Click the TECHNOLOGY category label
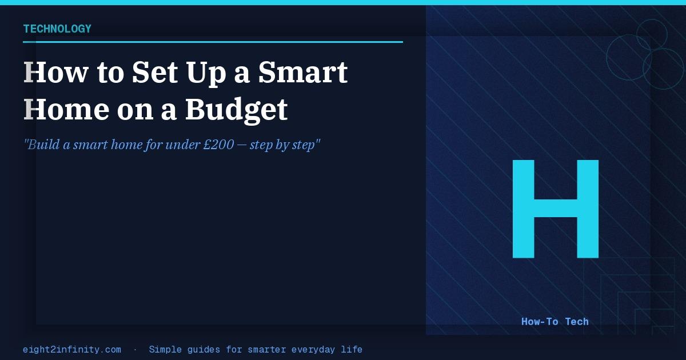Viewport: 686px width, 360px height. coord(57,29)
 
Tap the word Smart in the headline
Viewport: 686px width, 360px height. coord(303,72)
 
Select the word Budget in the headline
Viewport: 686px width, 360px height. coord(237,110)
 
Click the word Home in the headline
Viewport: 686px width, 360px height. coord(66,109)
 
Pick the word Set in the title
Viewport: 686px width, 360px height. coord(155,72)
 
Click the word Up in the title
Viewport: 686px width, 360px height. coord(206,74)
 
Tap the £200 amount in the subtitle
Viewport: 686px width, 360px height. coord(218,145)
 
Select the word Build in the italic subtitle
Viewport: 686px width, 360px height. coord(43,145)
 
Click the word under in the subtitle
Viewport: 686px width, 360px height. coord(182,145)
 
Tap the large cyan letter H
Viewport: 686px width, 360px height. coord(556,209)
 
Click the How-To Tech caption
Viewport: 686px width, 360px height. coord(555,321)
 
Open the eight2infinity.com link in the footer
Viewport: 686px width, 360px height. coord(72,349)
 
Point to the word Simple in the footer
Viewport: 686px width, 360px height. coord(165,350)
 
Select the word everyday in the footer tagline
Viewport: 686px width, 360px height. coord(313,350)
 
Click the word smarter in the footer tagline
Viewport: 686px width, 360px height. coord(266,349)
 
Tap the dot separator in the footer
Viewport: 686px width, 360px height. coord(135,350)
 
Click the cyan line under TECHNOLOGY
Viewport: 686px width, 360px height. coord(213,42)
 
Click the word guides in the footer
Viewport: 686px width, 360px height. coord(204,350)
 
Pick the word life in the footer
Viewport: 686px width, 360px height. coord(352,349)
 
